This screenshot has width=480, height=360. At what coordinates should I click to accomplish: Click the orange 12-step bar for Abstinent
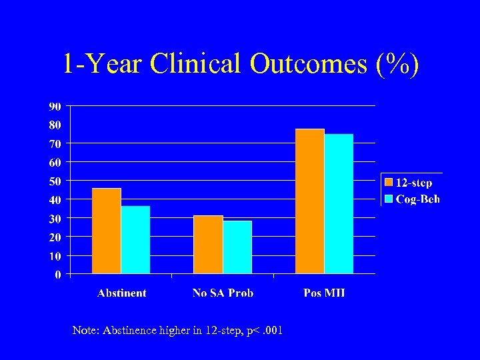pyautogui.click(x=107, y=231)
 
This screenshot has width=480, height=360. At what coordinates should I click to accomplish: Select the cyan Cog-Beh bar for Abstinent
pyautogui.click(x=135, y=239)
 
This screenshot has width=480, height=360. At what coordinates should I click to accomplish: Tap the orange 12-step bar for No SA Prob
pyautogui.click(x=208, y=244)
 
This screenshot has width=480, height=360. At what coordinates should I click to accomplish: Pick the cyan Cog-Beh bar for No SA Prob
pyautogui.click(x=237, y=247)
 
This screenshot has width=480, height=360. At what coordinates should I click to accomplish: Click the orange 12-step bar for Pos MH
pyautogui.click(x=309, y=201)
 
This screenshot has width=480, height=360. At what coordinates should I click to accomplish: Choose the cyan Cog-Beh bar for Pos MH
pyautogui.click(x=339, y=203)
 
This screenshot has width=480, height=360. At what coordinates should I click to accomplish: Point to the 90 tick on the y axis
pyautogui.click(x=55, y=106)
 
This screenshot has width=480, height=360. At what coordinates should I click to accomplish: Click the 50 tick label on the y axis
pyautogui.click(x=55, y=181)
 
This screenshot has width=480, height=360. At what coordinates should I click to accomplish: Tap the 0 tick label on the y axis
pyautogui.click(x=58, y=274)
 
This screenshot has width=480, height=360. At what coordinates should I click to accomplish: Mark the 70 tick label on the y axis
pyautogui.click(x=55, y=143)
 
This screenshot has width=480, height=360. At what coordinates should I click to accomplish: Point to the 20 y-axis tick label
pyautogui.click(x=55, y=237)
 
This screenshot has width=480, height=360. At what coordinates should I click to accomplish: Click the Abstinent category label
pyautogui.click(x=121, y=293)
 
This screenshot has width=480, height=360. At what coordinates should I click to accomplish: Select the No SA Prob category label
pyautogui.click(x=223, y=293)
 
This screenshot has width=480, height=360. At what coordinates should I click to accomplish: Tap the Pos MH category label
pyautogui.click(x=324, y=293)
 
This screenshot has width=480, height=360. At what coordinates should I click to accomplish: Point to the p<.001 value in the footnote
pyautogui.click(x=263, y=330)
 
